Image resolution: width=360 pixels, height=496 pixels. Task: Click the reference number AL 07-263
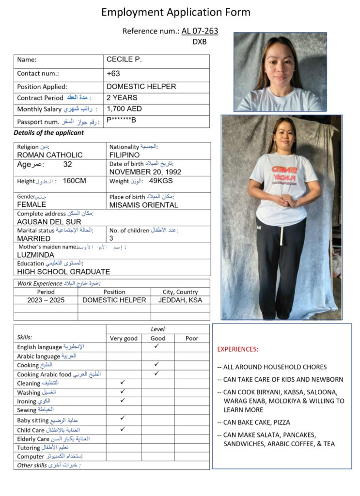tap(200, 31)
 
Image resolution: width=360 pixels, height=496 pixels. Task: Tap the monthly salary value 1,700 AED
tap(124, 109)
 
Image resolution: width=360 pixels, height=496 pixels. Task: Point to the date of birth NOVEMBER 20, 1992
tap(149, 172)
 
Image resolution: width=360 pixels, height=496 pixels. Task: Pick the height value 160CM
tap(74, 181)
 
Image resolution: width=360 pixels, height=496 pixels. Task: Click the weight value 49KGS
tap(161, 181)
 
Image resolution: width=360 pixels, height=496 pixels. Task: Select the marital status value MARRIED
tap(34, 239)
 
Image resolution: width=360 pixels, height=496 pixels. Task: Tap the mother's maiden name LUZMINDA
tap(36, 255)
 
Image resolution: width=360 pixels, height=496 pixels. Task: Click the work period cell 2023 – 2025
tap(46, 300)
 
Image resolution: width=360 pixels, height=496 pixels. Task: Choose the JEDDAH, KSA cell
tap(180, 300)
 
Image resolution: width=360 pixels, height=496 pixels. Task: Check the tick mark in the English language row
tap(157, 346)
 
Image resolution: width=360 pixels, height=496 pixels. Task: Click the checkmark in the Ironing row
tap(123, 400)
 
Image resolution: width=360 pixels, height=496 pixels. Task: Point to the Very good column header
tap(124, 339)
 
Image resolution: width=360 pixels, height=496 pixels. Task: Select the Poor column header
tap(192, 339)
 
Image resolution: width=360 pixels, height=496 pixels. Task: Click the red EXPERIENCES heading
tap(238, 349)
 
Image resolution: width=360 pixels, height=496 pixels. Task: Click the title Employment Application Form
tap(176, 12)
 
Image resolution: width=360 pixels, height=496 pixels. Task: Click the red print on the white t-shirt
tap(283, 176)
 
